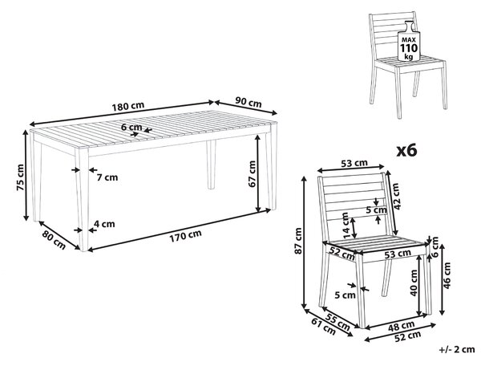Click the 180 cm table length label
[x=128, y=107]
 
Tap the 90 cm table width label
[x=249, y=102]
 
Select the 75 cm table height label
[x=20, y=177]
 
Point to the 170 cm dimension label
[x=185, y=235]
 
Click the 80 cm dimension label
[x=54, y=240]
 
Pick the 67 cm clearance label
[x=253, y=174]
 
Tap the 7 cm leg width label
[x=107, y=177]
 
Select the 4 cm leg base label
[x=104, y=224]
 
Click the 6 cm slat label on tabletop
[x=131, y=127]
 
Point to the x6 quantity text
[x=406, y=150]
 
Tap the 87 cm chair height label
[x=298, y=241]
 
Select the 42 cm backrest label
[x=397, y=197]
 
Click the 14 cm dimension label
[x=346, y=226]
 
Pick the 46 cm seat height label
[x=447, y=275]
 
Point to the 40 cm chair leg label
[x=414, y=283]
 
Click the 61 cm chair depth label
[x=323, y=327]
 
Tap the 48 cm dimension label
[x=402, y=326]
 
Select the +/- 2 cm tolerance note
[x=457, y=349]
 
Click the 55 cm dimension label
[x=338, y=322]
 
